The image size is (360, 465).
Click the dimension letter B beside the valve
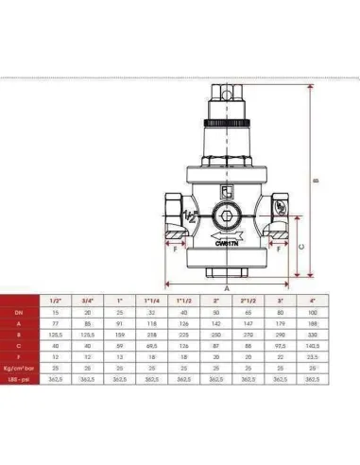(x=324, y=181)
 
